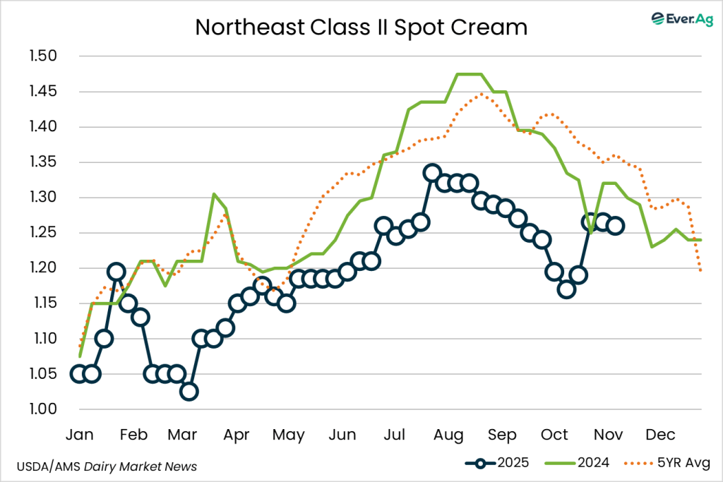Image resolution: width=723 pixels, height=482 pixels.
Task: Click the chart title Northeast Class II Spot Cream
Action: [361, 27]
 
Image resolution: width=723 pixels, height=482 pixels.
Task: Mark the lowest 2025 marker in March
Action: [189, 392]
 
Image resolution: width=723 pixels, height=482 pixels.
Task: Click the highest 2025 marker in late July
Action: [432, 173]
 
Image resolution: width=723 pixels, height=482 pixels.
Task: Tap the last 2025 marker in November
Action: [615, 226]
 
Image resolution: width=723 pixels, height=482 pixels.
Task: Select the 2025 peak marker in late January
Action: [116, 272]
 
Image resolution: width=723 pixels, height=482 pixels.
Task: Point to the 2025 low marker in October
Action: [566, 289]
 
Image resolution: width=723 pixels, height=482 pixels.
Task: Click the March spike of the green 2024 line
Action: [214, 194]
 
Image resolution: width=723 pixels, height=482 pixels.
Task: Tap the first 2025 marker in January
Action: [79, 374]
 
